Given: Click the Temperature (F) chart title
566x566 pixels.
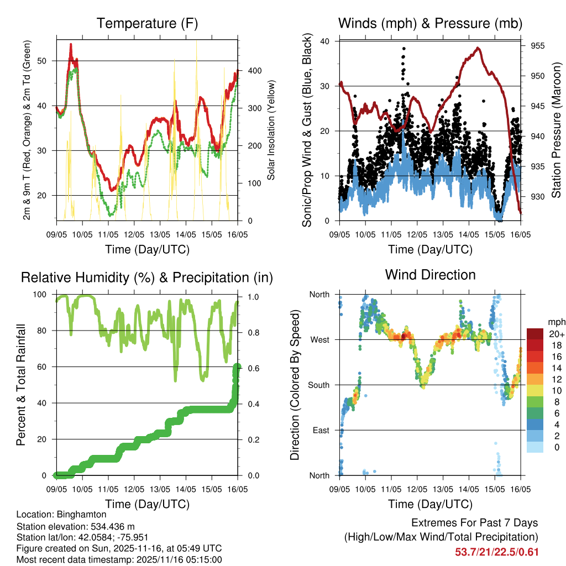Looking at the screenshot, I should [x=146, y=24].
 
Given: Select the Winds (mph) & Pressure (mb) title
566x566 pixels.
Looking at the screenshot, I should [x=430, y=24].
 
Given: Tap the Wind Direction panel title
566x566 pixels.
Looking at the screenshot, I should [x=430, y=275].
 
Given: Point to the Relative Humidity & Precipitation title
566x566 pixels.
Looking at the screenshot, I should [x=146, y=277].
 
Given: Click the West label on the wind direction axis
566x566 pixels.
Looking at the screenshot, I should [x=319, y=340].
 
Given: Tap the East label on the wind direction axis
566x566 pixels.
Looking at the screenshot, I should [x=321, y=430].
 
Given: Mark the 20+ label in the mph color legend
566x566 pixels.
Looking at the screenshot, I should [x=555, y=334].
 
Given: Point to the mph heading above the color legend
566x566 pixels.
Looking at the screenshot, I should [x=554, y=322].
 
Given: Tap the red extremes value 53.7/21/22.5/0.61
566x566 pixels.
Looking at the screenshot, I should [x=496, y=552].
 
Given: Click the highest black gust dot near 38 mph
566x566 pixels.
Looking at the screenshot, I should [x=404, y=49].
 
